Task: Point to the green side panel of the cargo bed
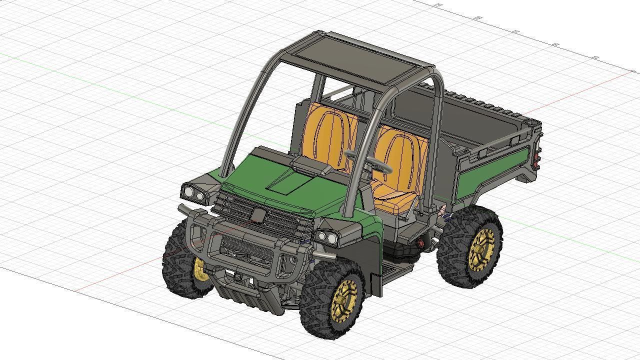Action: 492,173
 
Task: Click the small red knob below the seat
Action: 420,243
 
